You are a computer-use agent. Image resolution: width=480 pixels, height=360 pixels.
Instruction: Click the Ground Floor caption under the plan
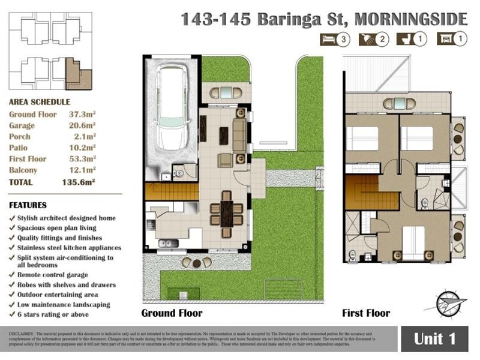pyautogui.click(x=172, y=313)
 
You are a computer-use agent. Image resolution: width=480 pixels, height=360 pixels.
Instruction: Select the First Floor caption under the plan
pyautogui.click(x=366, y=313)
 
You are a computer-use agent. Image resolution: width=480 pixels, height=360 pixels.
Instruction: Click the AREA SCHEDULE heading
pyautogui.click(x=40, y=102)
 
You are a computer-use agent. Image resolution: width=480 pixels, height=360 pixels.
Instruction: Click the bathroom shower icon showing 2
pyautogui.click(x=373, y=40)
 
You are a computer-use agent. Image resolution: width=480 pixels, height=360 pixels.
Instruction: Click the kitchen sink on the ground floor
pyautogui.click(x=169, y=243)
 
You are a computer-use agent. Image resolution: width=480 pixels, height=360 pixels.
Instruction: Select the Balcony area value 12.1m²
pyautogui.click(x=80, y=170)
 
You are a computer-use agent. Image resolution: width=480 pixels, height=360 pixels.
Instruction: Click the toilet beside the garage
pyautogui.click(x=180, y=173)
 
